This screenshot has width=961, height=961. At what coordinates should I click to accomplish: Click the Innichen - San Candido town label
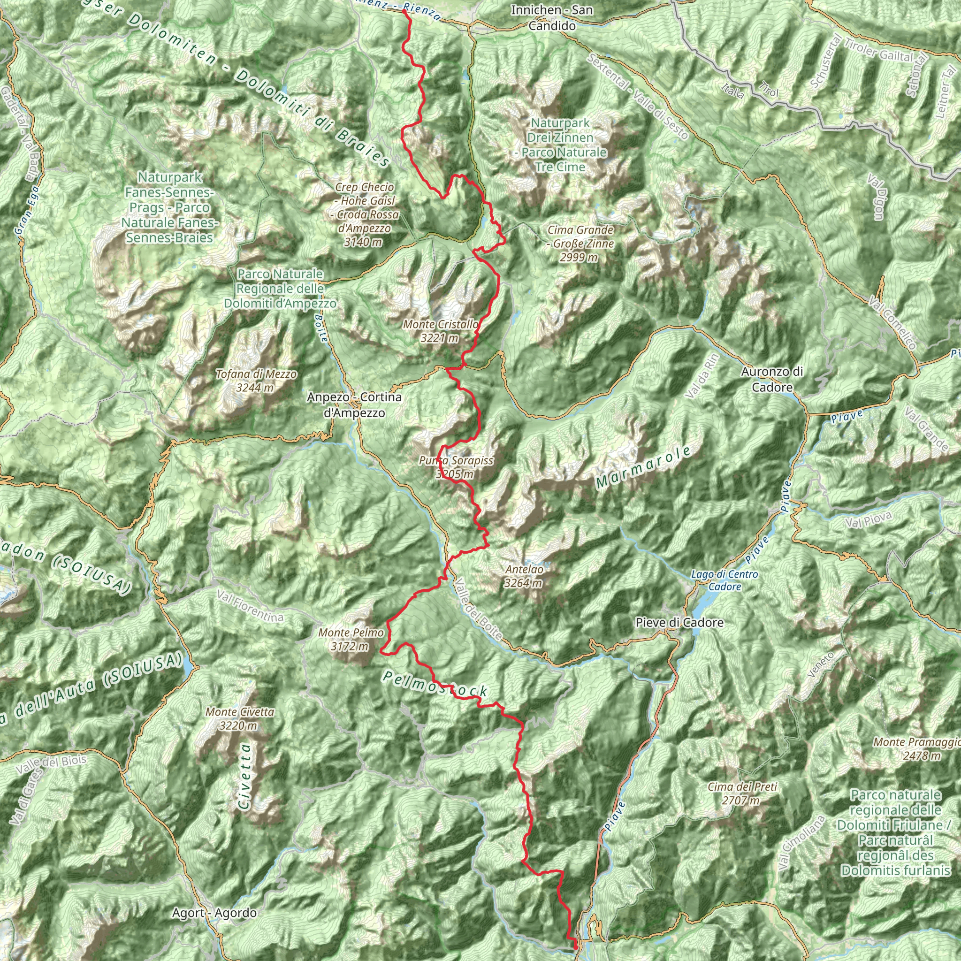[552, 17]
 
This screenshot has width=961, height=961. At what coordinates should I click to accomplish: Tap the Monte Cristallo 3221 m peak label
[441, 331]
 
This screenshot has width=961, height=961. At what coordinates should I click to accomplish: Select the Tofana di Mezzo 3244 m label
[256, 381]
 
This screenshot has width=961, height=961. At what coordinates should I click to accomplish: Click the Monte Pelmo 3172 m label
[351, 640]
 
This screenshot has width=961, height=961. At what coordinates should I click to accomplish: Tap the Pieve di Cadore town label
[679, 623]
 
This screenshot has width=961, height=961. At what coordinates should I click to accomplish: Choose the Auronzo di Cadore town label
[771, 380]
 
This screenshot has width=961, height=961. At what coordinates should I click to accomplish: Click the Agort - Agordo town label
[214, 913]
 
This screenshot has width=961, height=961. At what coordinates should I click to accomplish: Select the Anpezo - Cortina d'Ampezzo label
[354, 405]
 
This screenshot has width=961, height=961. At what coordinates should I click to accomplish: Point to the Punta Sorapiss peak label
[456, 467]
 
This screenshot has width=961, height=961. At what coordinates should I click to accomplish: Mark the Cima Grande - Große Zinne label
[580, 244]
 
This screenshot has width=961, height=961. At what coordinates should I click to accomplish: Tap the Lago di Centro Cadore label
[724, 580]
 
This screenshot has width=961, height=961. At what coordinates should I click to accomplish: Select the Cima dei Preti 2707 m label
[742, 793]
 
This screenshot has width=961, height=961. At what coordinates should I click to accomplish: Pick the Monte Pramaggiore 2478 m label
[917, 749]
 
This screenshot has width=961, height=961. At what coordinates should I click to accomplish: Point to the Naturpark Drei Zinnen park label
[560, 145]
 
